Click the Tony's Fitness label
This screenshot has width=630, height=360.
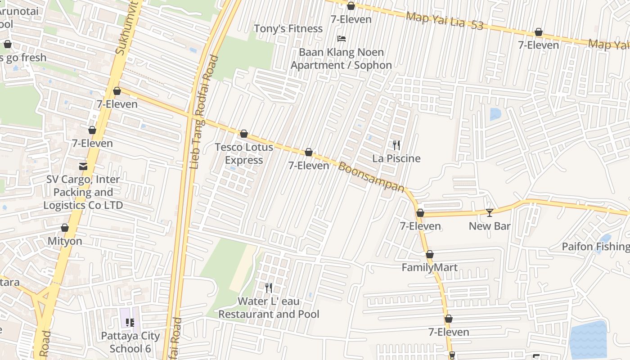(288, 29)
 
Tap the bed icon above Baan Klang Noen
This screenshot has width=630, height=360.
(342, 39)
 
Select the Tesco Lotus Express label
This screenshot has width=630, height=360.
(244, 153)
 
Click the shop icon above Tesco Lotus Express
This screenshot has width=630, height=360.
(244, 134)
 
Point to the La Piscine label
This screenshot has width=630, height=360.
(396, 158)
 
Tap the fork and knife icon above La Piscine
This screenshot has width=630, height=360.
(396, 145)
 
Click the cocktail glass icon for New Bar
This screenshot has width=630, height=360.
(490, 212)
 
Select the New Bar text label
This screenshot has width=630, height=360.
(490, 226)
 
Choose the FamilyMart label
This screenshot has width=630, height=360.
(429, 268)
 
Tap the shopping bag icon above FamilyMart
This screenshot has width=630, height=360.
(430, 255)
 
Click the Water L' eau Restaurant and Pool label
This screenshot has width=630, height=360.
(269, 308)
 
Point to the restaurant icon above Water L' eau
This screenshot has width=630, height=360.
(269, 288)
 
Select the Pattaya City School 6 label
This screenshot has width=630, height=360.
(130, 342)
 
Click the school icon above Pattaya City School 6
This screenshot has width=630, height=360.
(130, 322)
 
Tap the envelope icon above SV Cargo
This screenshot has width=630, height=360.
(83, 166)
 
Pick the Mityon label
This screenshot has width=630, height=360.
(65, 241)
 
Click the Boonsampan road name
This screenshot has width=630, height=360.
(371, 177)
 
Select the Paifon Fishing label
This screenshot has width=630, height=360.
(595, 247)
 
